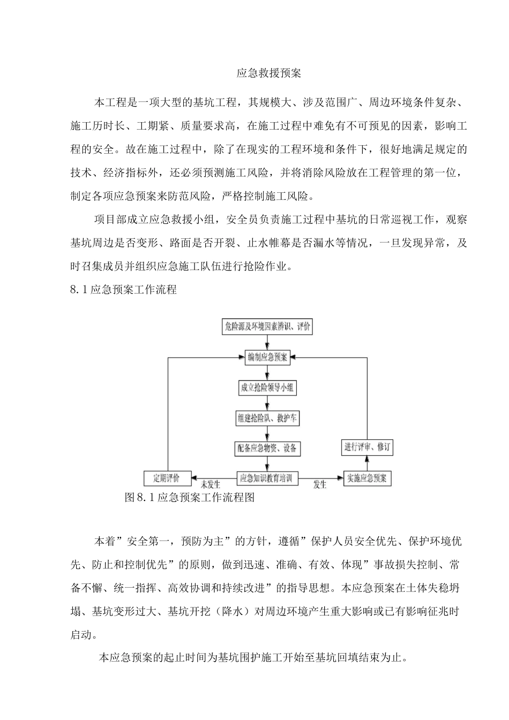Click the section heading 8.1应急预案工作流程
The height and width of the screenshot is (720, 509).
pos(123,290)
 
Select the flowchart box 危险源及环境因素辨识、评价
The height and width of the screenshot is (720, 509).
pos(267,327)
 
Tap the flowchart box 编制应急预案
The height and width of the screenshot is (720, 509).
pos(267,357)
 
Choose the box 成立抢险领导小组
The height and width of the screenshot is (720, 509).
pos(267,388)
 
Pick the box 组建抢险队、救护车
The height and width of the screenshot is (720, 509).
pos(267,418)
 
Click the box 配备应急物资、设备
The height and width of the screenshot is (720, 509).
pos(267,448)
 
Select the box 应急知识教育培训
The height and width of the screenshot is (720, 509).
pos(267,478)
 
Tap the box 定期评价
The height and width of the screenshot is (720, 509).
pos(167,478)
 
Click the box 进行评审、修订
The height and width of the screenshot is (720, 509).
pos(368,447)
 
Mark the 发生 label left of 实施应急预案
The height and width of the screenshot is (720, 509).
pos(320,485)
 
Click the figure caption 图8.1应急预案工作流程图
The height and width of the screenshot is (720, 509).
pos(189,498)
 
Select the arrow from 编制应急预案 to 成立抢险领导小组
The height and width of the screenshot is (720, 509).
pos(266,373)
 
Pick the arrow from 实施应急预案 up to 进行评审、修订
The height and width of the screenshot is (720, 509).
pos(368,463)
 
